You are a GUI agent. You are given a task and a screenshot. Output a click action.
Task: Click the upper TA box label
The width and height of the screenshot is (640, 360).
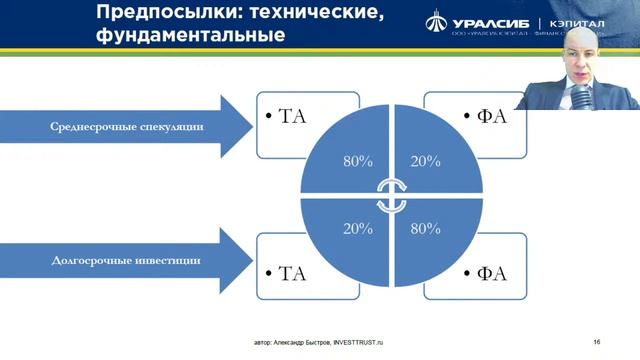(x=287, y=117)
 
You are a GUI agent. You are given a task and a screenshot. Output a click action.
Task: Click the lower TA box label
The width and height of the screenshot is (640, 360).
(x=287, y=272)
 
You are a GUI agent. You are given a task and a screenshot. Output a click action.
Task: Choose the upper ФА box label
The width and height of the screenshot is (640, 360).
(x=488, y=117)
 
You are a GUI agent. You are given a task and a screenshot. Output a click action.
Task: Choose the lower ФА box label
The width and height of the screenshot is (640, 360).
(x=488, y=272)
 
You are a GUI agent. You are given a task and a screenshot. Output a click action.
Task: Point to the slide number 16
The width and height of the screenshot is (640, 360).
(x=596, y=341)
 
